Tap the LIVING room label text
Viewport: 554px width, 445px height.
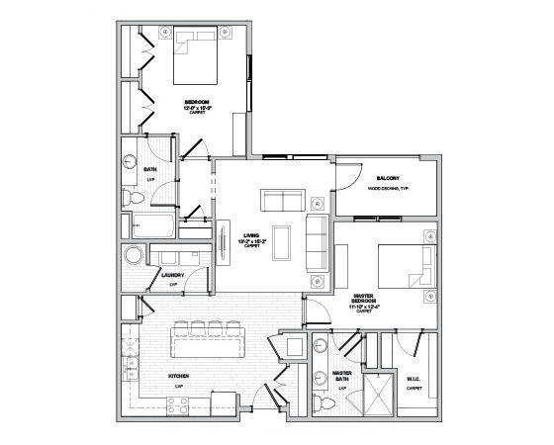coord(250,235)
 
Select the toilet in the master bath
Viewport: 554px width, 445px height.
coord(323,405)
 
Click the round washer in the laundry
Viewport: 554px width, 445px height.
coord(134,257)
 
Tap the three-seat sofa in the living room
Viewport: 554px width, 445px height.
coord(317,242)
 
